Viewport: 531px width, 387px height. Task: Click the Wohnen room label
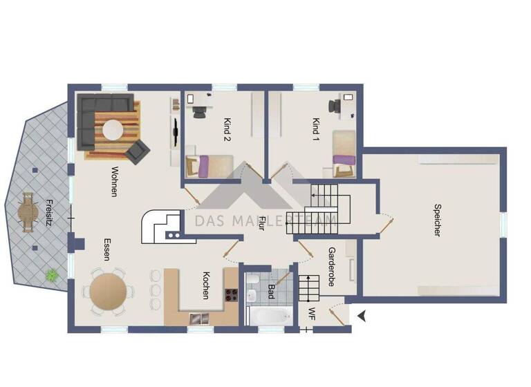113,182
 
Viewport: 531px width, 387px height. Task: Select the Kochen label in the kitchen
205,285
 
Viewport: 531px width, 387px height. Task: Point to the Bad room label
271,290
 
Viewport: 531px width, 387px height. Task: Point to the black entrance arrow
361,315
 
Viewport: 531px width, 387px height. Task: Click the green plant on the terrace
51,275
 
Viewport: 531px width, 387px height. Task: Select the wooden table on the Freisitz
28,211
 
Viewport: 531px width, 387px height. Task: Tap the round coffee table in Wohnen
111,129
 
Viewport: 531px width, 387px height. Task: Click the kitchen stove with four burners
230,296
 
